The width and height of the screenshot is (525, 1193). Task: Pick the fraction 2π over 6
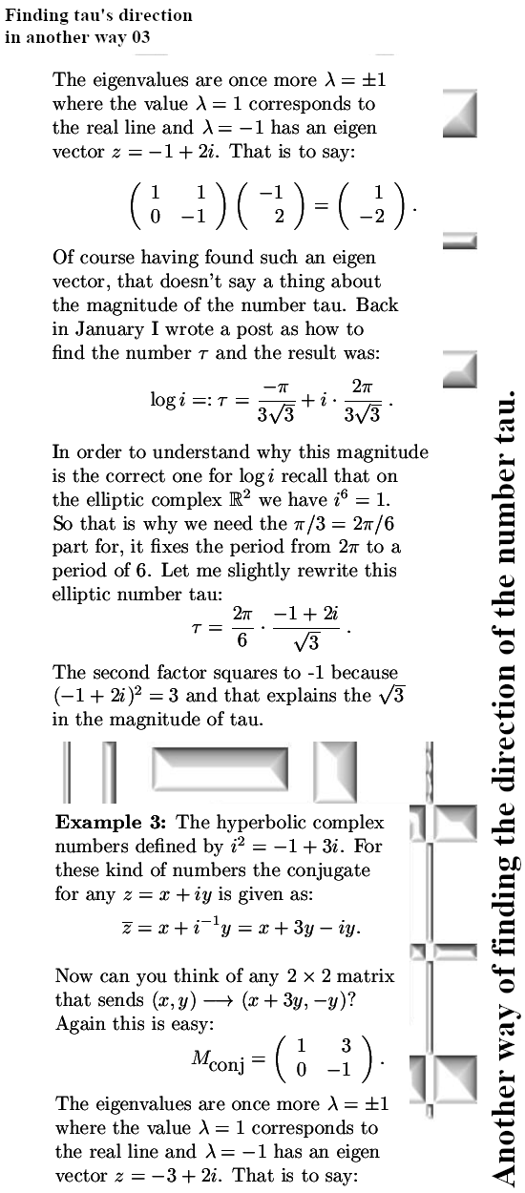[x=241, y=629]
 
